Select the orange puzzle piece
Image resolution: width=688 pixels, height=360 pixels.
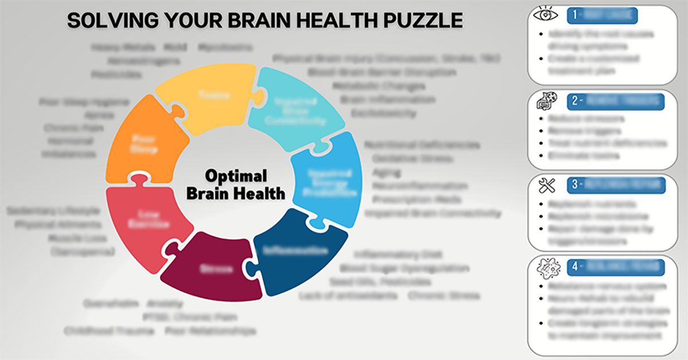tap(143, 140)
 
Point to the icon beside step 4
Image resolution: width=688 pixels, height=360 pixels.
tap(547, 268)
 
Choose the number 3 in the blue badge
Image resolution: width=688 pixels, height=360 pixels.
tap(575, 185)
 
